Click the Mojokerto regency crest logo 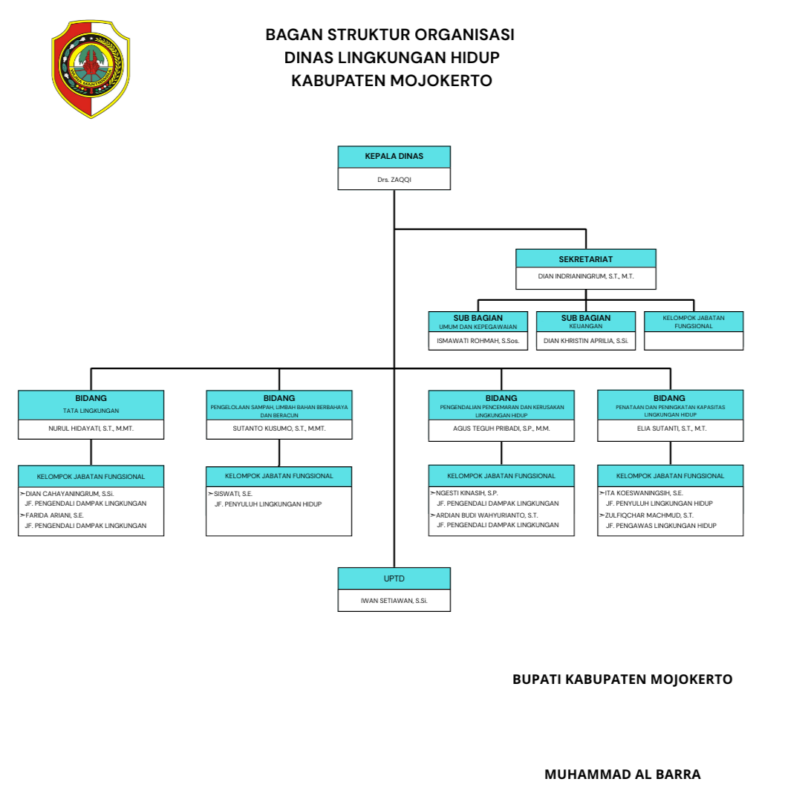(x=90, y=68)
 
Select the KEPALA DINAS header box (x=394, y=157)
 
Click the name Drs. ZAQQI (x=394, y=180)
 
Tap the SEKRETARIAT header (x=586, y=259)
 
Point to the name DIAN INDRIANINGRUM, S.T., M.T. (x=586, y=276)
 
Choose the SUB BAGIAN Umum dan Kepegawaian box (x=478, y=322)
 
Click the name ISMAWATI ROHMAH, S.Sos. (x=478, y=341)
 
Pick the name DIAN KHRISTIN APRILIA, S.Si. (x=586, y=341)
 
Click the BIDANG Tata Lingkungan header (x=91, y=404)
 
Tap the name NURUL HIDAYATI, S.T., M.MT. (x=91, y=428)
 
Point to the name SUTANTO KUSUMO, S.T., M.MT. (x=279, y=428)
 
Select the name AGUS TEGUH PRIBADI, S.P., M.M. (x=501, y=428)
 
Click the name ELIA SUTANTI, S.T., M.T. (x=671, y=428)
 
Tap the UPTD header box (x=394, y=578)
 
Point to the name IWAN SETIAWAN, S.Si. (x=394, y=600)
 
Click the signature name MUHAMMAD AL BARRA (x=622, y=775)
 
